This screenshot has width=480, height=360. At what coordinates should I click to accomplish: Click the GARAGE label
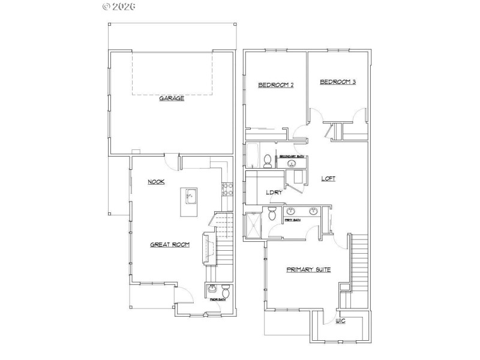pyautogui.click(x=172, y=98)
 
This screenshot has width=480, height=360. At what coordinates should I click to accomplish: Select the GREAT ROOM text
pyautogui.click(x=170, y=244)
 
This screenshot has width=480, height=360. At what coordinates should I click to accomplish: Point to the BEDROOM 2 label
pyautogui.click(x=275, y=85)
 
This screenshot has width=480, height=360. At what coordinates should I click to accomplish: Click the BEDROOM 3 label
pyautogui.click(x=338, y=82)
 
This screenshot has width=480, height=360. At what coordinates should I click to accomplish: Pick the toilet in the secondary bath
pyautogui.click(x=268, y=160)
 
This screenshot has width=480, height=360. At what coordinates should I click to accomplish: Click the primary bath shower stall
pyautogui.click(x=253, y=226)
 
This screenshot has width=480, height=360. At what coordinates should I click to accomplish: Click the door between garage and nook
pyautogui.click(x=172, y=160)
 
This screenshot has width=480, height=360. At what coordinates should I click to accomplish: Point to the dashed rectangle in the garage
pyautogui.click(x=173, y=73)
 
